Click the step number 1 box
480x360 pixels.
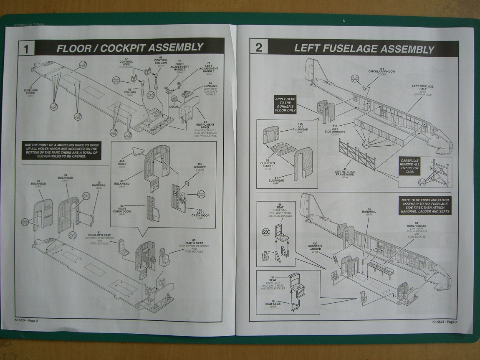point(26,48)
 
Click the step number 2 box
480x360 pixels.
point(258,47)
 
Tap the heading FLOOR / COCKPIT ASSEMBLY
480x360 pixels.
point(129,48)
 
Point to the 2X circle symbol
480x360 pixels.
point(265,232)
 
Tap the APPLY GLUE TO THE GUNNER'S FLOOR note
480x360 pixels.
point(285,104)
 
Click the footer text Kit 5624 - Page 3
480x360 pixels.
point(445,321)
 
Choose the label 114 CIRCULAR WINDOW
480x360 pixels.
point(381,71)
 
